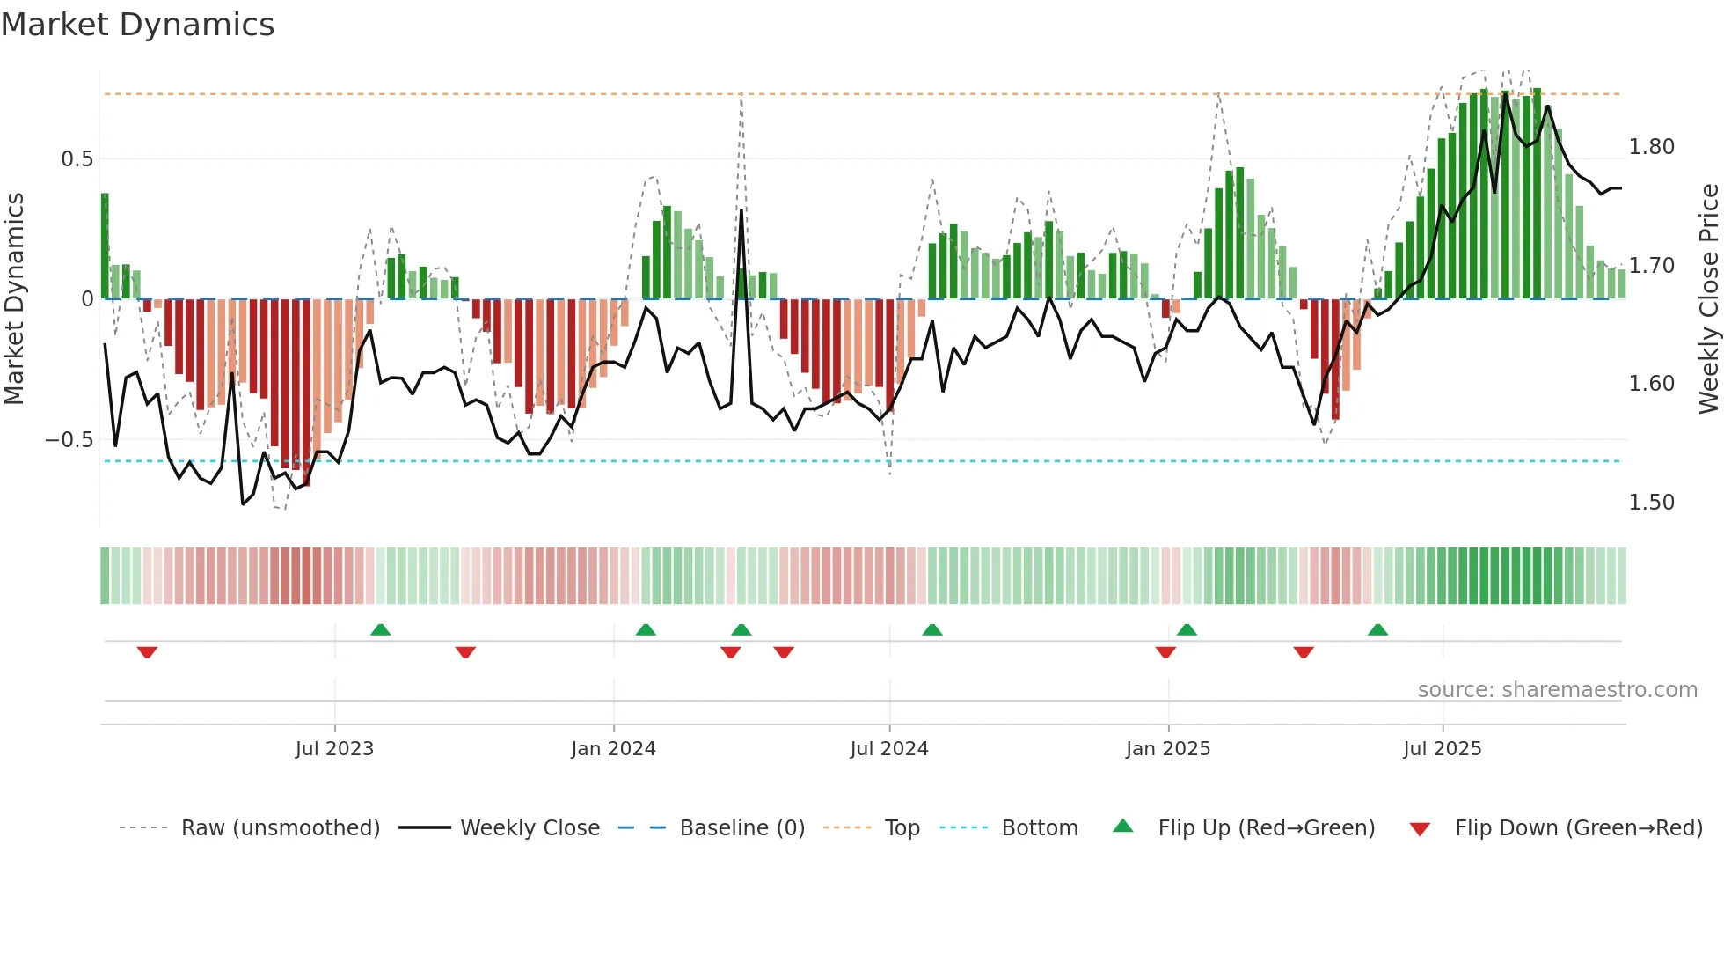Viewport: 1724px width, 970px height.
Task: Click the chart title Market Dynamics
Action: pos(137,25)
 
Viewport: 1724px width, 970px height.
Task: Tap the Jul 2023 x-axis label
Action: pos(334,748)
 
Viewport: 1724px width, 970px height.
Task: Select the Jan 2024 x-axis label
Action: pos(613,748)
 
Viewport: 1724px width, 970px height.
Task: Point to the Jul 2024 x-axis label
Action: pos(888,748)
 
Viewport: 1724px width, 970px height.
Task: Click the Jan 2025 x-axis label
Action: pos(1167,748)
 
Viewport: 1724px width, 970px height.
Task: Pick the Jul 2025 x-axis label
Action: pos(1442,748)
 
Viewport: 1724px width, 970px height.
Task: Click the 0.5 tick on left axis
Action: pos(77,159)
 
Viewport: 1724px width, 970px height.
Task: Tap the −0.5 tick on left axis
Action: pos(69,439)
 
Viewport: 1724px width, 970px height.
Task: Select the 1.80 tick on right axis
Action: pos(1651,147)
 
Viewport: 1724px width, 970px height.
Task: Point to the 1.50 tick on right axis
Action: pos(1651,503)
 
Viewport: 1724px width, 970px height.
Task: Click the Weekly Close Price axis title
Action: pos(1708,298)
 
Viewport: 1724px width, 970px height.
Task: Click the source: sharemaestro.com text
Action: pos(1557,689)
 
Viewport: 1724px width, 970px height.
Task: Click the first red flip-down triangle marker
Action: pos(147,652)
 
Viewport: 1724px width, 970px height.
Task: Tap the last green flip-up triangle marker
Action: pos(1377,629)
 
